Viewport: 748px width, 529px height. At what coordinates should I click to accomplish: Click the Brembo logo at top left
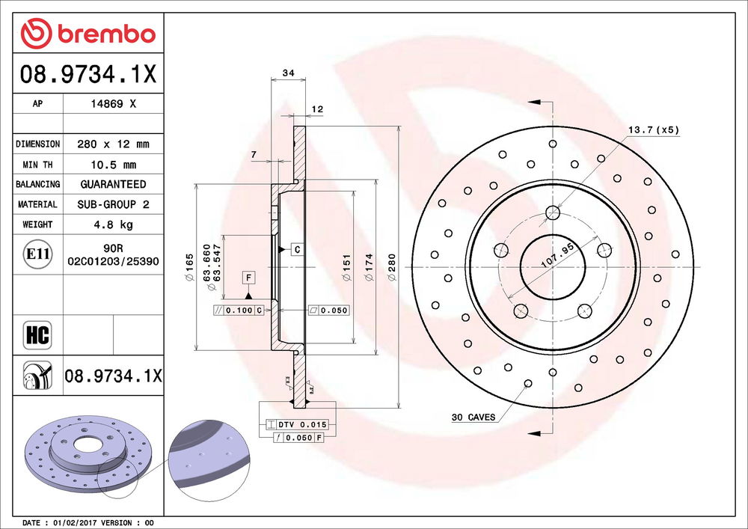coord(88,34)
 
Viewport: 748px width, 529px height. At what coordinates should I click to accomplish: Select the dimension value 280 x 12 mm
coord(114,144)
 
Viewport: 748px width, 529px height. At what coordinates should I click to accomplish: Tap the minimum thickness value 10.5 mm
coord(114,165)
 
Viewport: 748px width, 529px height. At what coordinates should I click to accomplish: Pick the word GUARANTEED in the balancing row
coord(114,184)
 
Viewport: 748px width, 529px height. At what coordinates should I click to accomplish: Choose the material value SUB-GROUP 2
coord(114,204)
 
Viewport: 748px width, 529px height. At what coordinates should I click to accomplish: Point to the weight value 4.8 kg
coord(114,224)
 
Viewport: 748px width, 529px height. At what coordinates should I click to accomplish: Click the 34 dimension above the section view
coord(287,73)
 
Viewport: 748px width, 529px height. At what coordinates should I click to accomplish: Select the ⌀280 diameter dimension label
coord(391,268)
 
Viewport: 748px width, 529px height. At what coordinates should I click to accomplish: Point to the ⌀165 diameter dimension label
coord(190,268)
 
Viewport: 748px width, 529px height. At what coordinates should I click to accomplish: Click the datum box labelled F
coord(248,278)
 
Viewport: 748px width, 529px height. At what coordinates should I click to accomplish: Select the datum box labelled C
coord(297,248)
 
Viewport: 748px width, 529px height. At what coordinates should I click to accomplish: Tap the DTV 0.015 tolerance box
coord(297,424)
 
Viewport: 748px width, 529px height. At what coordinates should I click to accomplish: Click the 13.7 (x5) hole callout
coord(652,129)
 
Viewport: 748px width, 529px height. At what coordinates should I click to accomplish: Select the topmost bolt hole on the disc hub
coord(553,212)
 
